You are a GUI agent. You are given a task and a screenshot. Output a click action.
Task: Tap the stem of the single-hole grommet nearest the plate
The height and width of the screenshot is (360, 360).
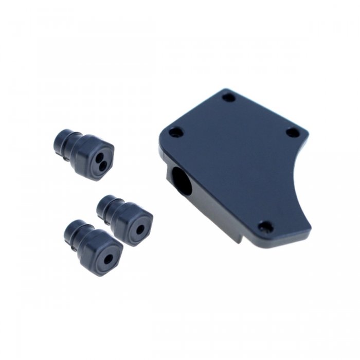click(x=109, y=206)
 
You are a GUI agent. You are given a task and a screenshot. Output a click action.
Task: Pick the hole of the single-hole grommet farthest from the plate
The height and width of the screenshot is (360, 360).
click(x=109, y=259)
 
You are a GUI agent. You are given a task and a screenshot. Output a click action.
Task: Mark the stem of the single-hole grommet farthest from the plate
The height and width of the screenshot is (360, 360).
click(x=75, y=233)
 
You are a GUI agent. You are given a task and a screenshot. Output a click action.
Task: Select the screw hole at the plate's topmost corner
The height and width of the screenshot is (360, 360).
click(x=229, y=97)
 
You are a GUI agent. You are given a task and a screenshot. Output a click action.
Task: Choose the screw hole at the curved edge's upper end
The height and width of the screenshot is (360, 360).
click(x=292, y=132)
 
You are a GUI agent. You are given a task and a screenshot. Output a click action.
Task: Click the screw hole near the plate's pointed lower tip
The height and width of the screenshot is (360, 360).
click(x=265, y=226)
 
